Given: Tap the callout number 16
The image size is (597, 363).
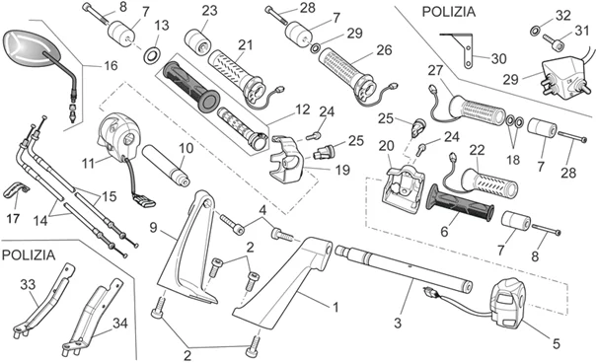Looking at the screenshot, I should click(109, 66).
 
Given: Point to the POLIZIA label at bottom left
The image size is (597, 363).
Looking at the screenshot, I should click(35, 254).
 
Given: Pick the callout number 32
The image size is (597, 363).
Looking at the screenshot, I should click(563, 15).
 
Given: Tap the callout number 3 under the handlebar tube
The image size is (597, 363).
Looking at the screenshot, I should click(398, 324).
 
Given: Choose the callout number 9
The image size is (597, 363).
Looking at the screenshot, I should click(154, 227).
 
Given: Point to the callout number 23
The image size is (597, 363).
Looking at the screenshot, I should click(209, 10).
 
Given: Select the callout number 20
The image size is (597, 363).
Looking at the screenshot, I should click(387, 147).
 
